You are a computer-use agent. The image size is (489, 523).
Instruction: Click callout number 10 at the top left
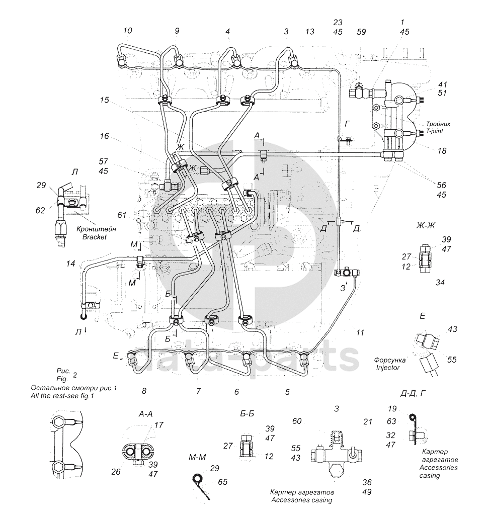click(x=127, y=31)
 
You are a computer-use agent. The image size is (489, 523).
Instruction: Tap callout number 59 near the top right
click(x=361, y=32)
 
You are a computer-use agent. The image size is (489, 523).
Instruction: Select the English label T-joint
click(x=434, y=131)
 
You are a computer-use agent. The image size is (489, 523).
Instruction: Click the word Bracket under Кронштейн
click(x=95, y=237)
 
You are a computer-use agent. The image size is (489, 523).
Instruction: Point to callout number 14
click(x=70, y=264)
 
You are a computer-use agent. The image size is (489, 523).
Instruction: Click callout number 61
click(x=122, y=215)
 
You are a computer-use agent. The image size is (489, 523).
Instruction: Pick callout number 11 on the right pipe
click(x=360, y=332)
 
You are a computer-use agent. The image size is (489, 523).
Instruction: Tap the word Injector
click(x=387, y=368)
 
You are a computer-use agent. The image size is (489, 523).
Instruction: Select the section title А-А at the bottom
click(x=145, y=414)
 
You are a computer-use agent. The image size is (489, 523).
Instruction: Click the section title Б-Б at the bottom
click(x=247, y=414)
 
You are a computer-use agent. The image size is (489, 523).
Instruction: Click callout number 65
click(x=223, y=482)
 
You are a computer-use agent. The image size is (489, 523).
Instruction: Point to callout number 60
click(x=297, y=421)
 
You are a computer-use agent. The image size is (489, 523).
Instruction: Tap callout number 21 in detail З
click(x=367, y=421)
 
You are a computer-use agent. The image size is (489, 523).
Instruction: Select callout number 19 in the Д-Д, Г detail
click(x=392, y=408)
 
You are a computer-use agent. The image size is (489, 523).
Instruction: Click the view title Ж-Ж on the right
click(x=426, y=225)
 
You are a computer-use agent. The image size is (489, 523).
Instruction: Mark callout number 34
click(x=440, y=283)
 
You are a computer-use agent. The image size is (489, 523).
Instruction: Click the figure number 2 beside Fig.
click(x=75, y=375)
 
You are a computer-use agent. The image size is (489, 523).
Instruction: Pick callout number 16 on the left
click(x=104, y=136)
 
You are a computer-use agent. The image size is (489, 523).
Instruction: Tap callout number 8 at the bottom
click(x=144, y=391)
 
